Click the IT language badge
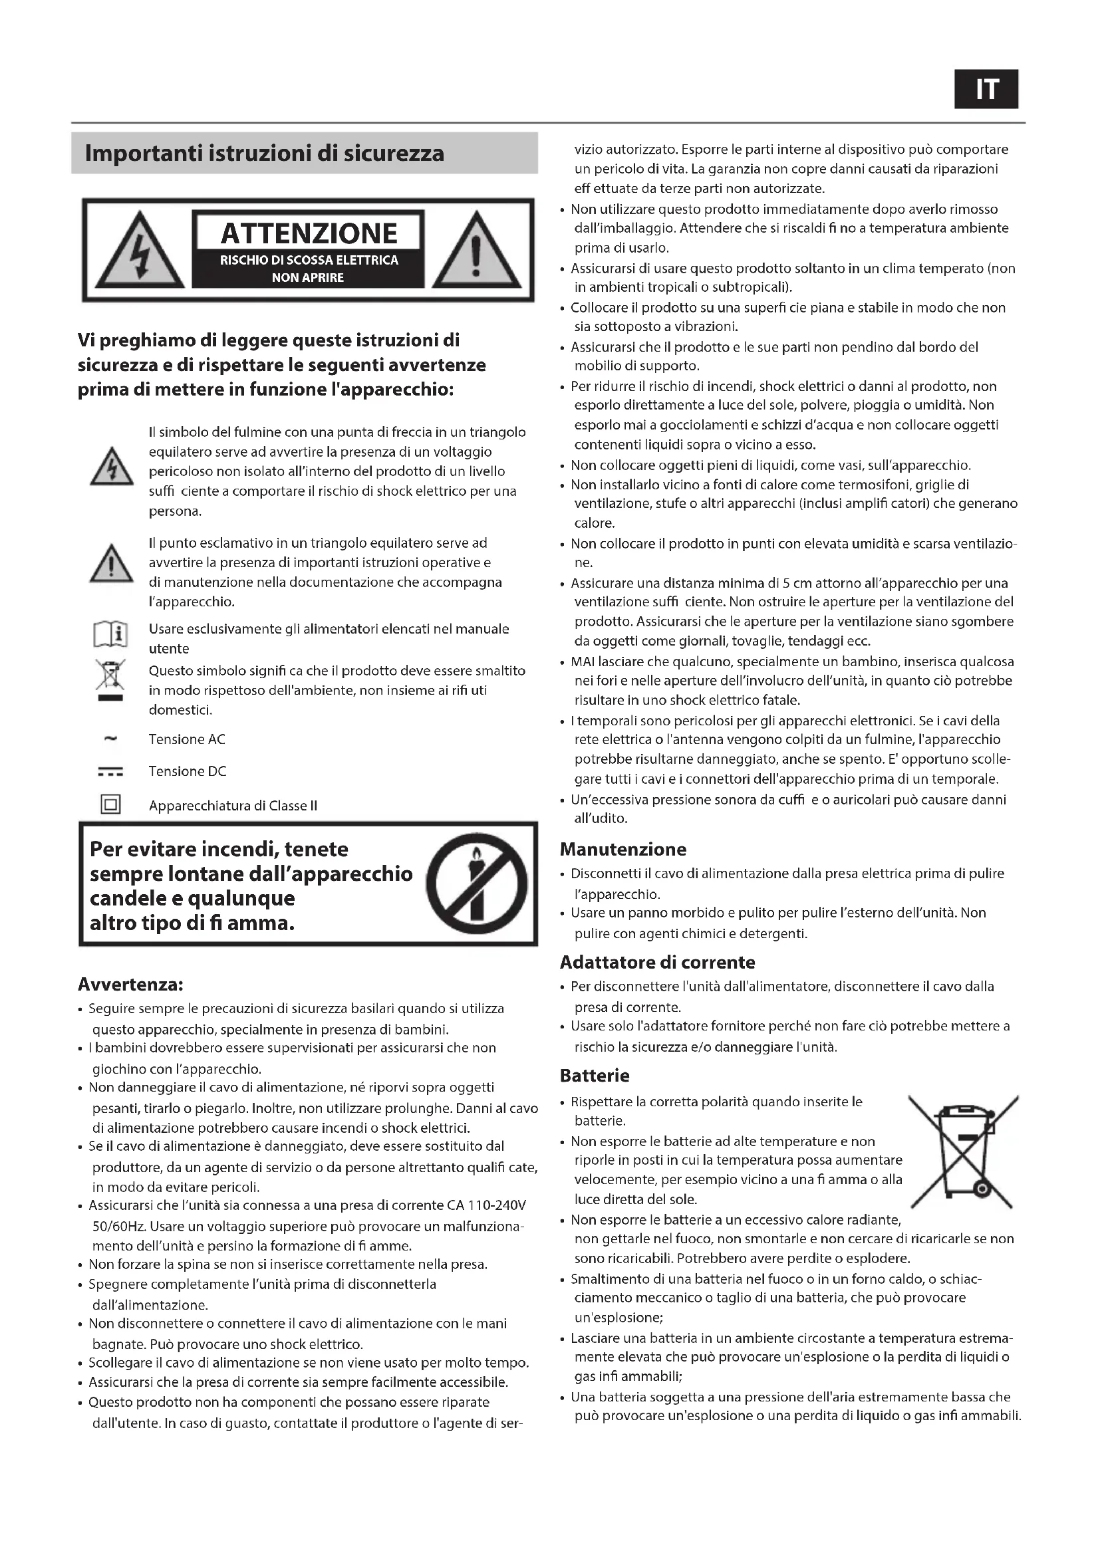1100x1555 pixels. (x=986, y=89)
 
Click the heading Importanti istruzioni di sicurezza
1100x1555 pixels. (x=264, y=153)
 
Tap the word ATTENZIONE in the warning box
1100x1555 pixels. (x=309, y=233)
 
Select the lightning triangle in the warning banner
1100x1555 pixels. (x=140, y=251)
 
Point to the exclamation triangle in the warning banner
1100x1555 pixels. (x=476, y=251)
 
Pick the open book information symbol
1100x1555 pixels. (x=110, y=636)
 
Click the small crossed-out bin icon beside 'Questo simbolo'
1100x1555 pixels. (x=110, y=680)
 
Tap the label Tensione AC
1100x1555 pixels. (x=187, y=739)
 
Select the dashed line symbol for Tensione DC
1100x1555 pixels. (x=110, y=771)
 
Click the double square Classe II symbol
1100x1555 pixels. (x=110, y=804)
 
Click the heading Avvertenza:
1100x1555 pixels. (x=131, y=984)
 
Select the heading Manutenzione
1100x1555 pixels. (x=622, y=849)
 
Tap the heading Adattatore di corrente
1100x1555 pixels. (x=657, y=963)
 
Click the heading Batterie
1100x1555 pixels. (x=594, y=1076)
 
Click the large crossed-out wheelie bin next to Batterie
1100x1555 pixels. (x=962, y=1152)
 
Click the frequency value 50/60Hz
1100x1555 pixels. (x=118, y=1227)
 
